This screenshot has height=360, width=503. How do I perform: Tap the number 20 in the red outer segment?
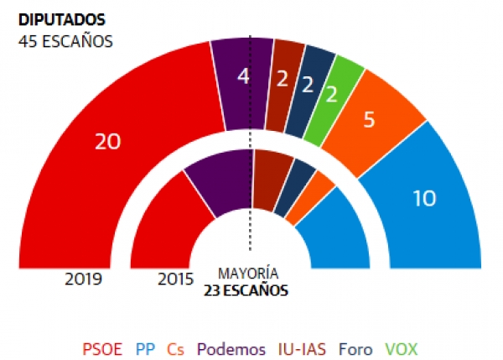[107, 143]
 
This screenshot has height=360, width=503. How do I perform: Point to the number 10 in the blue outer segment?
[425, 198]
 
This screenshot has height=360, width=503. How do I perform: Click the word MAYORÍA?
[248, 274]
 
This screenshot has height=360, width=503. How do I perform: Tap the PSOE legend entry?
[101, 348]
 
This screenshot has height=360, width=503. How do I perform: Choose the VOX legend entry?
[400, 348]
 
